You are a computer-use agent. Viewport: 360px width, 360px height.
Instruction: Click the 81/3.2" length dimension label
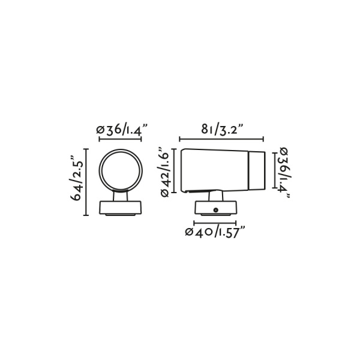pos(222,128)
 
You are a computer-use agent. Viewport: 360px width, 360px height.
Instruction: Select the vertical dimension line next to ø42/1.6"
pos(175,171)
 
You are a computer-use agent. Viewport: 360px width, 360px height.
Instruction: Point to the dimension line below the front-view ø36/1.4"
pos(121,140)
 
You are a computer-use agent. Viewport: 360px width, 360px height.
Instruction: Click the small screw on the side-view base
pos(216,210)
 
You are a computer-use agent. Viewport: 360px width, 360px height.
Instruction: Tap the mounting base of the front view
pos(121,208)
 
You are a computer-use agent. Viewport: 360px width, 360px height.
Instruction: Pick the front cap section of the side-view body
pos(256,170)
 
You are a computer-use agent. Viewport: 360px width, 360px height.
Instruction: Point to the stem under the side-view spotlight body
pos(215,196)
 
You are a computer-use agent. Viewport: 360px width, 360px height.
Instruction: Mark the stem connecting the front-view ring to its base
pos(121,196)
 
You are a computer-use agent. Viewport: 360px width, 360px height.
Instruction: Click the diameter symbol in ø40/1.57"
pos(190,233)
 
